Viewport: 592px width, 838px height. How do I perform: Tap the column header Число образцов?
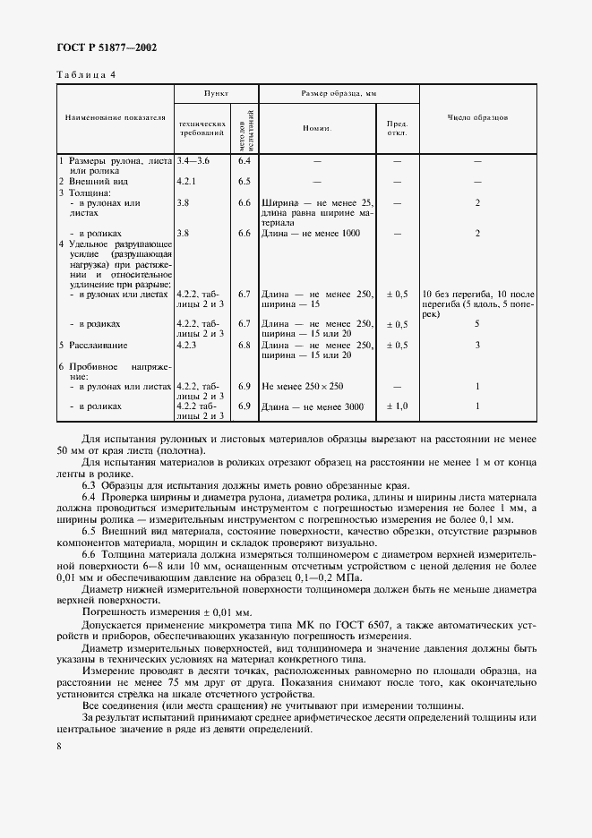click(477, 116)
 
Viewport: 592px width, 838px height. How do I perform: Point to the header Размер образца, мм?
click(339, 93)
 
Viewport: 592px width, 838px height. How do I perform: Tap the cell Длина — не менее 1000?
click(311, 233)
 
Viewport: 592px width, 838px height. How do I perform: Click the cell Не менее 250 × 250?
click(305, 386)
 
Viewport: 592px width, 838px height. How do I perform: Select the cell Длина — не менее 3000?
click(311, 406)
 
